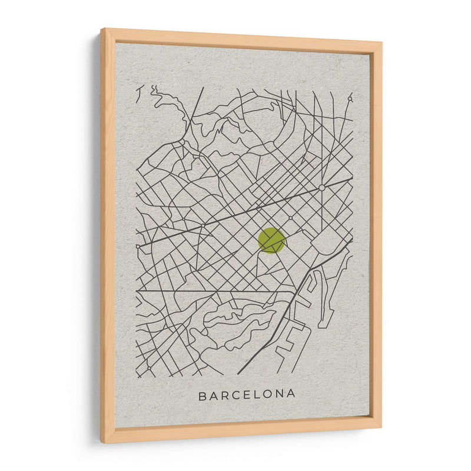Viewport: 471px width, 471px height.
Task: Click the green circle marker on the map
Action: [x=271, y=240]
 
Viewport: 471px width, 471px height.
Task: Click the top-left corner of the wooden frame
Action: [x=101, y=29]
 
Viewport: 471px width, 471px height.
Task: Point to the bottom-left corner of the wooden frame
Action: [x=102, y=442]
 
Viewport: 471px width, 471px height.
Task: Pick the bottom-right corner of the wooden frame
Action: [x=381, y=428]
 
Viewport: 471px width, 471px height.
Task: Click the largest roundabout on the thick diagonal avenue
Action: [x=321, y=187]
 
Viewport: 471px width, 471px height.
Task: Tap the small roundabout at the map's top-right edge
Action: [x=349, y=99]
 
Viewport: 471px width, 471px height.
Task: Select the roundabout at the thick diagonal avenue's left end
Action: [x=138, y=246]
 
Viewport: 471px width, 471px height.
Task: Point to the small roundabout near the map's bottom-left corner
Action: [x=149, y=368]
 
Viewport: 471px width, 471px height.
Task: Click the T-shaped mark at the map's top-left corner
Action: [x=140, y=93]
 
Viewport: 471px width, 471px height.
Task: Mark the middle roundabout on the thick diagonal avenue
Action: [x=203, y=225]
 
